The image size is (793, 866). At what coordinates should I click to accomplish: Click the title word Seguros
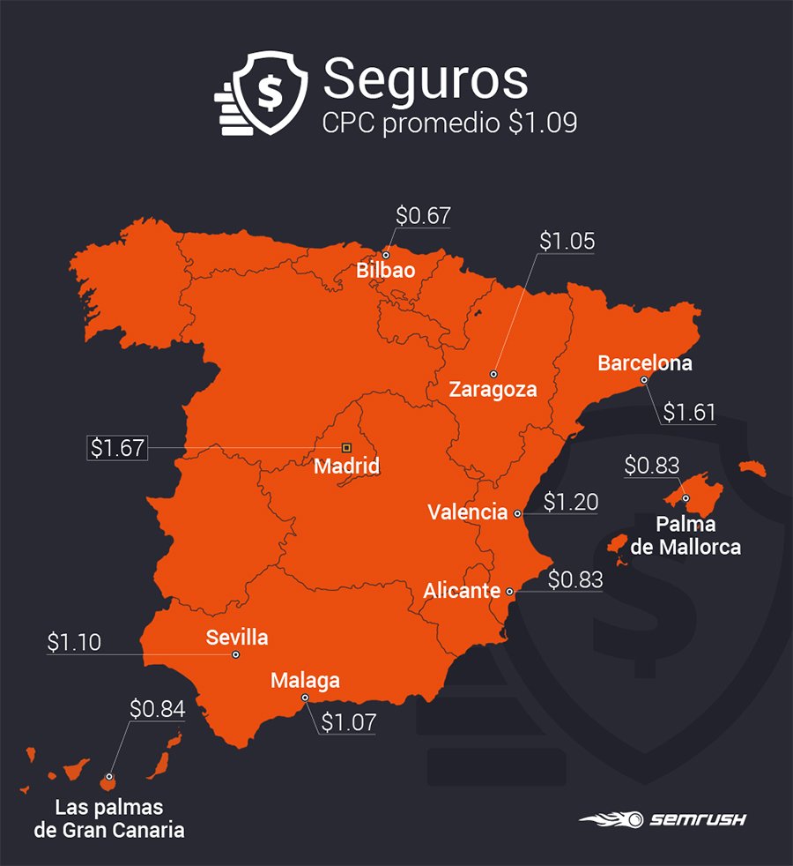(425, 81)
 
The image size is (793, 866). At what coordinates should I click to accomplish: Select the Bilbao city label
(385, 271)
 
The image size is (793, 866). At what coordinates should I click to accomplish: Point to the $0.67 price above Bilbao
(423, 216)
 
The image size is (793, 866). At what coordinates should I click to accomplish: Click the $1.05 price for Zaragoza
(567, 242)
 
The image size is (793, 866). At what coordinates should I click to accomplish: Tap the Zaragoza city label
(493, 389)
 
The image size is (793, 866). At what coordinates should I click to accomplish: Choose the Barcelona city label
(644, 362)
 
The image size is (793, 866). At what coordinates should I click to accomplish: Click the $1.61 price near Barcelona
(689, 412)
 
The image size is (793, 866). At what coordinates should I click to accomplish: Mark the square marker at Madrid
(346, 447)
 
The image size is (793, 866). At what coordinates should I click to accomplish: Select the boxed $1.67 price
(117, 448)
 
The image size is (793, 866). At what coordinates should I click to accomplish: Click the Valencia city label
(467, 512)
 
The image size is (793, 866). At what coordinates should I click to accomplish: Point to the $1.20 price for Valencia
(570, 503)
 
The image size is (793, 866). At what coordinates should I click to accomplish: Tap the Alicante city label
(462, 591)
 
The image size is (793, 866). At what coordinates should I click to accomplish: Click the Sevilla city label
(236, 637)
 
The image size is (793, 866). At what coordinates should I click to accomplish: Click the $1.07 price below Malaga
(348, 723)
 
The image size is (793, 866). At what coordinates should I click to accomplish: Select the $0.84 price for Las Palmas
(157, 709)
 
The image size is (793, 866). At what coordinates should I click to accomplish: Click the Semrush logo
(663, 819)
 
